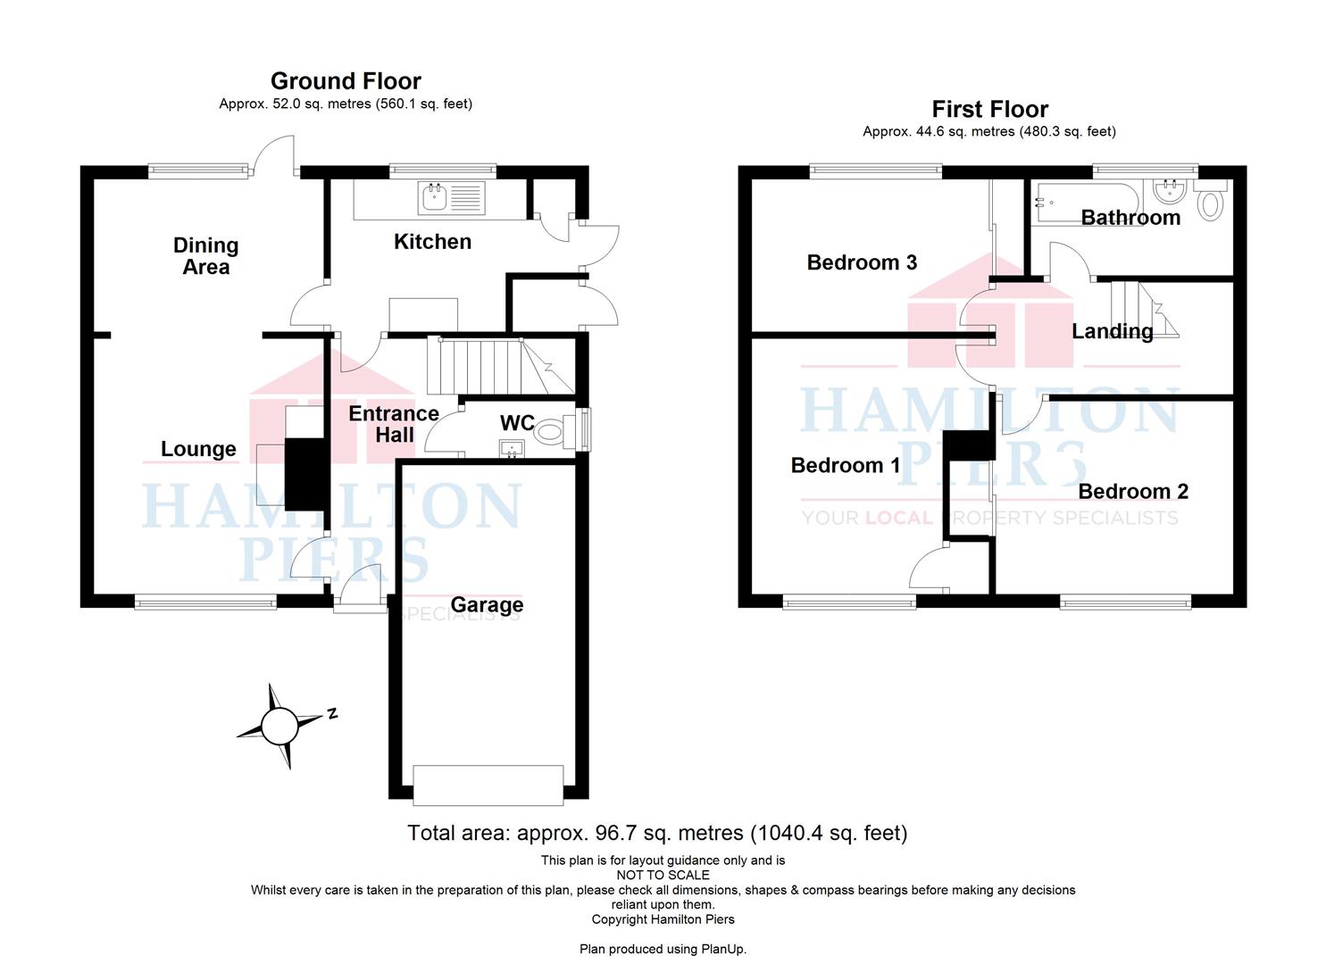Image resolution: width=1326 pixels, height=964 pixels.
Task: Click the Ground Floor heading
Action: (x=346, y=80)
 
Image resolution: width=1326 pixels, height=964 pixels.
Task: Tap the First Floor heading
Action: (x=989, y=109)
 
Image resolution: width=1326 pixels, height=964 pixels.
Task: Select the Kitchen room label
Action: (x=433, y=241)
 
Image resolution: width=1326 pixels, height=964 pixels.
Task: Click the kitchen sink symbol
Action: (x=452, y=197)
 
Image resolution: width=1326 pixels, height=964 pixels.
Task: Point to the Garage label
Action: (x=487, y=605)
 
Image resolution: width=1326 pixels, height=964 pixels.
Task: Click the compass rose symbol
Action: (x=279, y=726)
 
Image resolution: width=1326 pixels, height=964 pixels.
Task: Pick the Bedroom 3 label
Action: (x=862, y=262)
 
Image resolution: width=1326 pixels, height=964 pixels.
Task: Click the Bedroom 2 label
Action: (x=1133, y=491)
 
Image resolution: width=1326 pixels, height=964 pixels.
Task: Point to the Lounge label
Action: (x=198, y=449)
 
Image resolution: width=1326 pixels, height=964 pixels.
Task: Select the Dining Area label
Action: (x=206, y=256)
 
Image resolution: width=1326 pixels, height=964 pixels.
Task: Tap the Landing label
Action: (x=1113, y=331)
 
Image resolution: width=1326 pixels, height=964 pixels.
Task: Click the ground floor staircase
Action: (x=501, y=366)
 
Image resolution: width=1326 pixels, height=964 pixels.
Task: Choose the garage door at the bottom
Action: (x=488, y=785)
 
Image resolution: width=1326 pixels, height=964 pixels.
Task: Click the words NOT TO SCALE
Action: (x=663, y=876)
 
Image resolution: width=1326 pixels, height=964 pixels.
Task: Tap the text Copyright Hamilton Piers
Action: (x=663, y=919)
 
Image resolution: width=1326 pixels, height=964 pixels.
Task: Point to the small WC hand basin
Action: (x=512, y=449)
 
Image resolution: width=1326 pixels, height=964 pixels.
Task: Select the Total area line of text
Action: (x=657, y=833)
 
